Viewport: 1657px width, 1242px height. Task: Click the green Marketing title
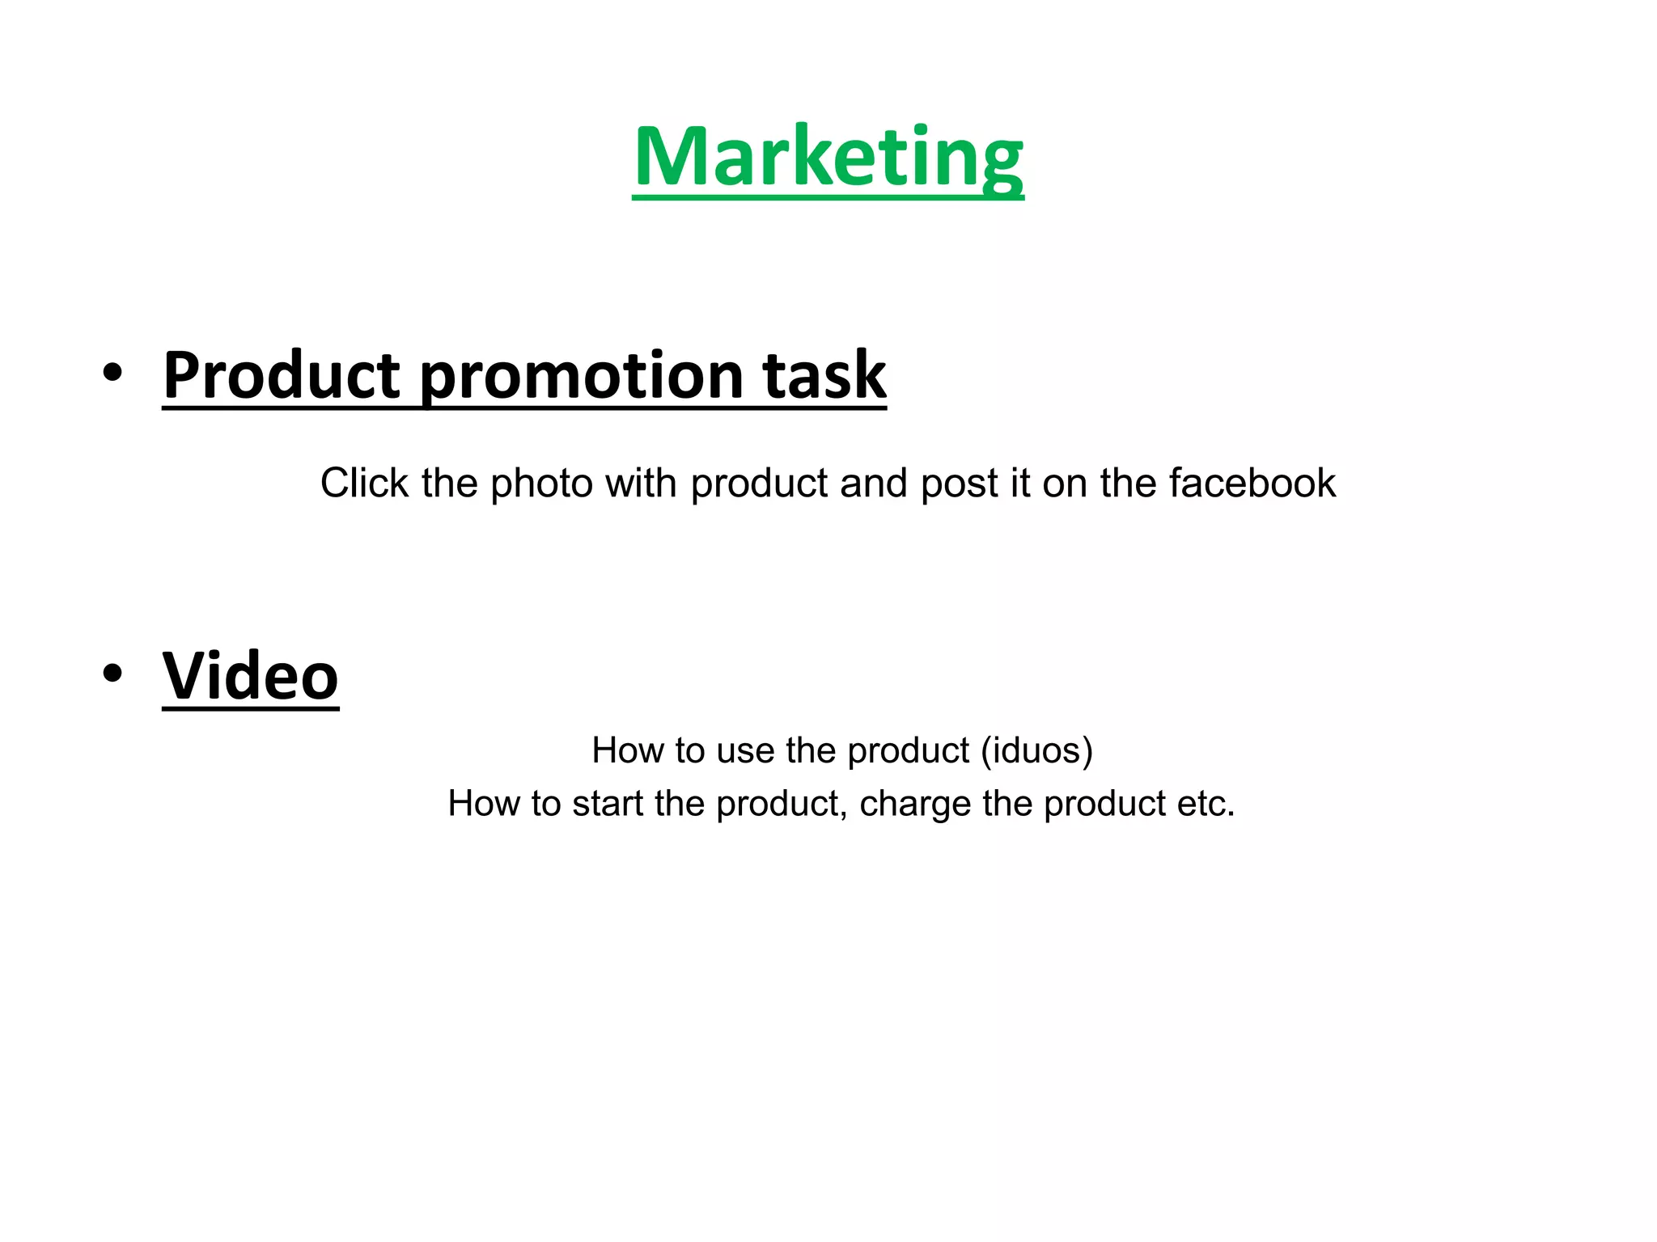coord(828,158)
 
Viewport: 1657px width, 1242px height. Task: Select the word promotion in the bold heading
coord(582,376)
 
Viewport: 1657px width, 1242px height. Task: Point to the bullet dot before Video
coord(112,673)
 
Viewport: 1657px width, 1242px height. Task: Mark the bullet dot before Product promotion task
coord(112,373)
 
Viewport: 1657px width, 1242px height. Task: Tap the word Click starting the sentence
coord(364,484)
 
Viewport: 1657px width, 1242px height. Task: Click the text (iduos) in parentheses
coord(1036,751)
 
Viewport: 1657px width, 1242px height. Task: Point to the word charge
coord(914,805)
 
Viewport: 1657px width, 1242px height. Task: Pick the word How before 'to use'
coord(622,750)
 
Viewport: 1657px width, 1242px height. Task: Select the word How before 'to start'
coord(478,804)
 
